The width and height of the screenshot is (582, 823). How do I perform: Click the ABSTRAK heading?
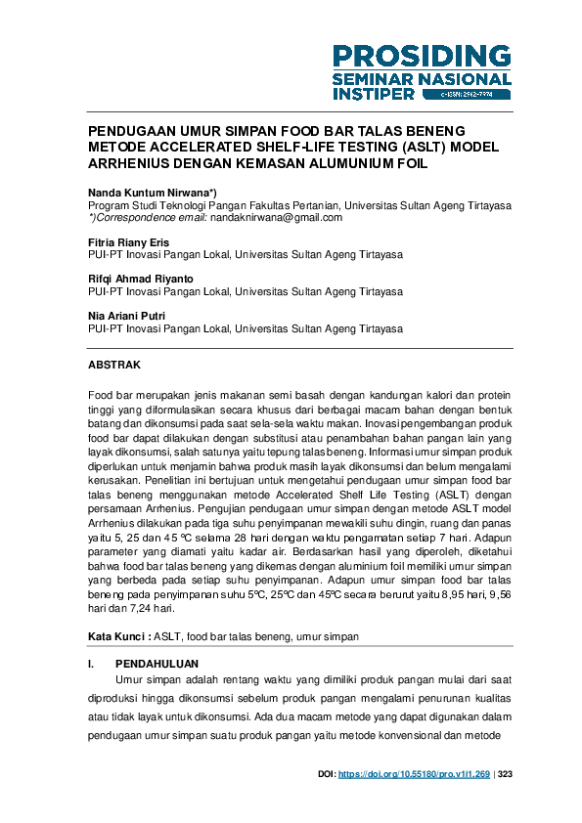pyautogui.click(x=114, y=365)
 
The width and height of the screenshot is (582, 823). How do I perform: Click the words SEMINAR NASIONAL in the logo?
pyautogui.click(x=421, y=78)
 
